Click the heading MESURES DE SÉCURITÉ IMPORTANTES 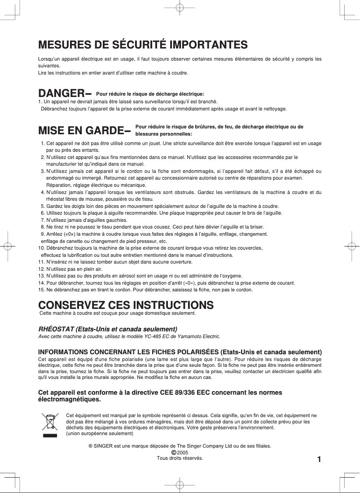click(x=143, y=45)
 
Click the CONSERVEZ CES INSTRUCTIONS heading click(x=126, y=305)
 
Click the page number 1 click(x=319, y=459)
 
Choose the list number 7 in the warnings click(x=43, y=220)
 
